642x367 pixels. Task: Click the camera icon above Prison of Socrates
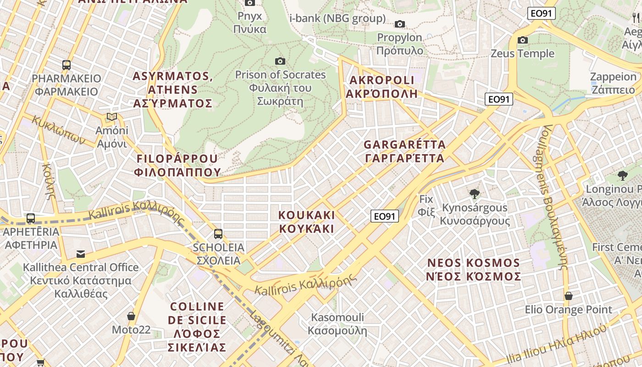tap(280, 61)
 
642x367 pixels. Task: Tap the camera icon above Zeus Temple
tap(522, 40)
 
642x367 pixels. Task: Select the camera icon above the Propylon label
tap(400, 24)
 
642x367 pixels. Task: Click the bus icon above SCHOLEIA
tap(218, 234)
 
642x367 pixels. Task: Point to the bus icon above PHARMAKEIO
tap(66, 65)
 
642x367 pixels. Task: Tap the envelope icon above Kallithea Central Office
tap(81, 254)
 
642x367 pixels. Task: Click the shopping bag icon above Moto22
tap(131, 316)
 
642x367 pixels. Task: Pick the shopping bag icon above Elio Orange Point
tap(568, 296)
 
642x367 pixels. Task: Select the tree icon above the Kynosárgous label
tap(475, 194)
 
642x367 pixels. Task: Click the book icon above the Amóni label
tap(112, 117)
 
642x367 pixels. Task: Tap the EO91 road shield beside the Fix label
tap(384, 216)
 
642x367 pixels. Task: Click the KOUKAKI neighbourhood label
tap(306, 222)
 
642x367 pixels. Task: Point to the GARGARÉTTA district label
tap(404, 151)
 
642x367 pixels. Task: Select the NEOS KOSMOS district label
tap(474, 270)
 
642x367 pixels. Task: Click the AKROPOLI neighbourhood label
tap(382, 87)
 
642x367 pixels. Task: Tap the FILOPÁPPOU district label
tap(177, 165)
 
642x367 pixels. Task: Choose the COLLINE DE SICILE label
tap(197, 327)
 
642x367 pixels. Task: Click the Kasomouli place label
tap(338, 324)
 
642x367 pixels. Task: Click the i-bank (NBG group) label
tap(338, 18)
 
